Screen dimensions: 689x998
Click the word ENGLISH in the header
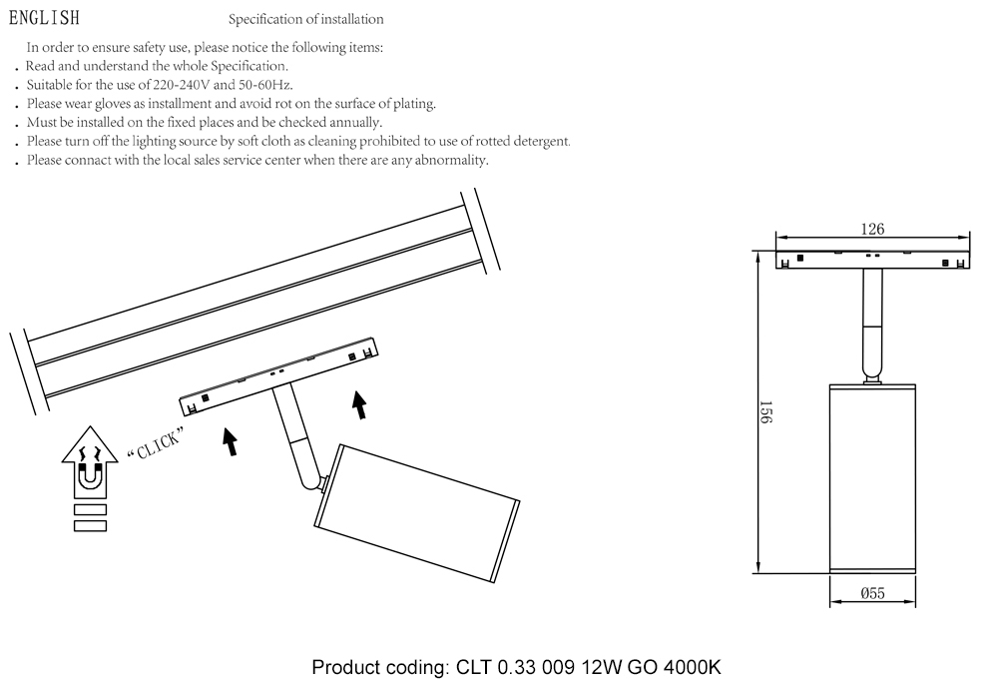pyautogui.click(x=43, y=19)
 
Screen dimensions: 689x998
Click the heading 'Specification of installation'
pyautogui.click(x=305, y=20)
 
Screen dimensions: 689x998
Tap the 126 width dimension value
pyautogui.click(x=872, y=229)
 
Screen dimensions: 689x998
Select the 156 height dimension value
pyautogui.click(x=766, y=413)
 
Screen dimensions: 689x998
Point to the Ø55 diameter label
pyautogui.click(x=872, y=593)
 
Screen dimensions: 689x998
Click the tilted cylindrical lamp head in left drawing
pyautogui.click(x=416, y=512)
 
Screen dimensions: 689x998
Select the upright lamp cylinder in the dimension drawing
pyautogui.click(x=872, y=477)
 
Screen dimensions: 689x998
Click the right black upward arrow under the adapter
pyautogui.click(x=359, y=404)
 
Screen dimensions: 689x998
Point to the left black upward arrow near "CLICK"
pyautogui.click(x=231, y=441)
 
